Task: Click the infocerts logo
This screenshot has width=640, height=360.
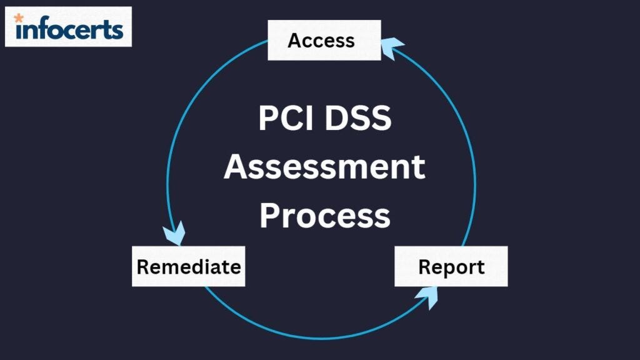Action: pyautogui.click(x=68, y=27)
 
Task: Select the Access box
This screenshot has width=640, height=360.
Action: pyautogui.click(x=324, y=41)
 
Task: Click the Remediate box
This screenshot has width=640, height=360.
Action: pyautogui.click(x=188, y=266)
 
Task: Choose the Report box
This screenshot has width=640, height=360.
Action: pyautogui.click(x=451, y=266)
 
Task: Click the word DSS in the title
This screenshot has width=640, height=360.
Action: pyautogui.click(x=358, y=119)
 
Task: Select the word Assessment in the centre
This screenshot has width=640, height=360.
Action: pyautogui.click(x=324, y=167)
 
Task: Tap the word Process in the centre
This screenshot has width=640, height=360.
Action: pyautogui.click(x=324, y=216)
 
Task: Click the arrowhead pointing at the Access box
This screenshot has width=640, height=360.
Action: pyautogui.click(x=391, y=47)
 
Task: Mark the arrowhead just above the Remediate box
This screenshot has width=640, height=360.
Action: pyautogui.click(x=174, y=234)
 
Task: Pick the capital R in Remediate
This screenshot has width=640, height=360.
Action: pyautogui.click(x=143, y=267)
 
